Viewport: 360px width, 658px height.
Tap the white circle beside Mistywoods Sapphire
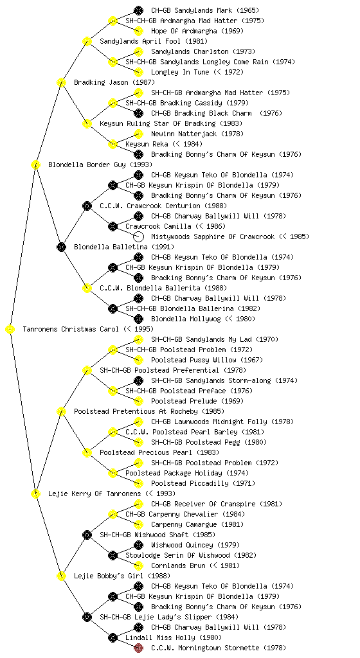pos(138,236)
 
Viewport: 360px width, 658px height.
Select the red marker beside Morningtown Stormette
pos(138,648)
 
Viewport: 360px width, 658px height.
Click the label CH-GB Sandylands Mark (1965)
pos(205,10)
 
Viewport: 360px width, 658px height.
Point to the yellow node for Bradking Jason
pos(61,82)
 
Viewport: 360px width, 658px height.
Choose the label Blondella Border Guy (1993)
pos(100,164)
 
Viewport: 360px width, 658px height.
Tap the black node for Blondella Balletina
pos(61,247)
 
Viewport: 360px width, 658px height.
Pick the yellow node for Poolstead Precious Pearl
pos(87,452)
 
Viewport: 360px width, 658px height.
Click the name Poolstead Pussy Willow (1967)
pos(207,360)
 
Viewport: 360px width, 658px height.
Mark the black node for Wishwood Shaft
pos(87,535)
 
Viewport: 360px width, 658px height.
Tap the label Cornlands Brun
pos(178,565)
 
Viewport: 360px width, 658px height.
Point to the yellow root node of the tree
pos(10,329)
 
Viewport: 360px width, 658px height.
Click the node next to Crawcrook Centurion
pos(87,206)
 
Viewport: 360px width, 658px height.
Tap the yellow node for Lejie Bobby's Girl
pos(61,576)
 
